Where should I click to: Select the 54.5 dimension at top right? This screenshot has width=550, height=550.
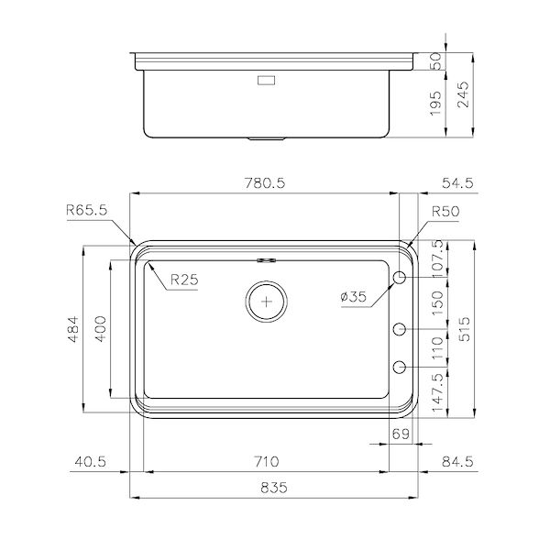(x=456, y=183)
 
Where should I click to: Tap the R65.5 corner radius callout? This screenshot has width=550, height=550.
(x=87, y=209)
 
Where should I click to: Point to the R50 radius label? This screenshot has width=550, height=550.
(x=445, y=210)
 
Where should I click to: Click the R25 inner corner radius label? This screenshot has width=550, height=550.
(x=183, y=280)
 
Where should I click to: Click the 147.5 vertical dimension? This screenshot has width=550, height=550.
(x=437, y=390)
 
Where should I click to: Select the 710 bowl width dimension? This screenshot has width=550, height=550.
(x=267, y=461)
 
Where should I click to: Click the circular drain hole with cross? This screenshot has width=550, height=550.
(x=267, y=300)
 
